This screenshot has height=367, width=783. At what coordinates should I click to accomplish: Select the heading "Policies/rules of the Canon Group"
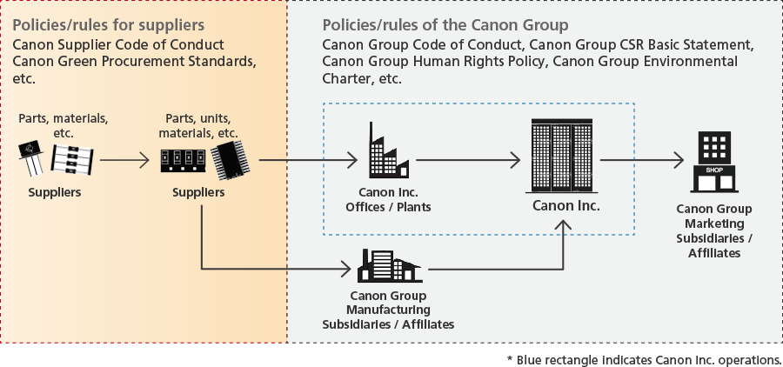coord(445,23)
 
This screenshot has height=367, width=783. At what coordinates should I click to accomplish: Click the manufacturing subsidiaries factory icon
coord(391,264)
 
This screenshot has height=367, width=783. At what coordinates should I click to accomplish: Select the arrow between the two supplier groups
coord(124,160)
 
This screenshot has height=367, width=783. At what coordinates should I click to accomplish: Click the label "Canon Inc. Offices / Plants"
coord(388,199)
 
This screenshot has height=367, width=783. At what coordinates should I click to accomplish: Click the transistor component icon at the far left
coord(32,157)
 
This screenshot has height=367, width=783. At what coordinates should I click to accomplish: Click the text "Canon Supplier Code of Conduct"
coord(118,44)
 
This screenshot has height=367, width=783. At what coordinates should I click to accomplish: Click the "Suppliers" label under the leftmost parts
coord(54,191)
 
